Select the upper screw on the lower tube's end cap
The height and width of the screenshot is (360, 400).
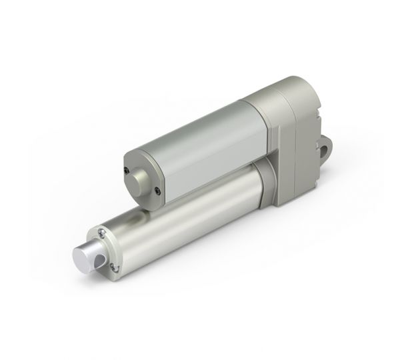[99, 231]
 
